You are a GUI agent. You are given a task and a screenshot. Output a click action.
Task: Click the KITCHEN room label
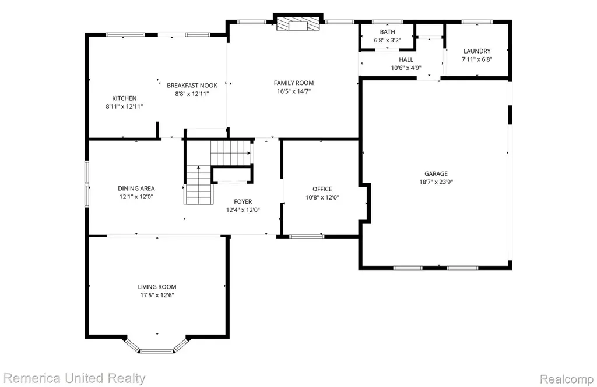[124, 98]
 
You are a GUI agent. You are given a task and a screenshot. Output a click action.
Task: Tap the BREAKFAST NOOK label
[192, 86]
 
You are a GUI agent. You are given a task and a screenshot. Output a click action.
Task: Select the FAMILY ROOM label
[294, 83]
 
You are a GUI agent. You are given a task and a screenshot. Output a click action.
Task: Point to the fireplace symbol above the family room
[298, 24]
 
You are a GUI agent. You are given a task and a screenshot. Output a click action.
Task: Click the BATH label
[387, 32]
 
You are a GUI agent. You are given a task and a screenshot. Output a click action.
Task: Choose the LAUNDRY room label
[477, 51]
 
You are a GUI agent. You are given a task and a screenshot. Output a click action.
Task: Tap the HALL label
[406, 59]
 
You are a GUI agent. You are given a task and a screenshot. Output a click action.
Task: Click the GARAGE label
[436, 174]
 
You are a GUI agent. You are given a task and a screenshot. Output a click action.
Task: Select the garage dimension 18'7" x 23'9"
[436, 182]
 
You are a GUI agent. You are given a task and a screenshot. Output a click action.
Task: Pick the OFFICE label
[322, 189]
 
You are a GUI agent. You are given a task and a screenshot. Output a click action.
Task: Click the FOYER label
[243, 201]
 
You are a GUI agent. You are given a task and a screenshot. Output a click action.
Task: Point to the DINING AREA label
[136, 188]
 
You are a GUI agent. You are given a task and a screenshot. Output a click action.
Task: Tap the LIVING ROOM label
[157, 287]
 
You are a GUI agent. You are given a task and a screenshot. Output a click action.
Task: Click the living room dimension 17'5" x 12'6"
[157, 296]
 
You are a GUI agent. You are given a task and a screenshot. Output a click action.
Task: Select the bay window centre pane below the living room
[156, 351]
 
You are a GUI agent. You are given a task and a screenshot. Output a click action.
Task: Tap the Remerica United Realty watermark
[74, 378]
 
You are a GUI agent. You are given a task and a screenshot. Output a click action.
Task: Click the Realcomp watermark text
[567, 379]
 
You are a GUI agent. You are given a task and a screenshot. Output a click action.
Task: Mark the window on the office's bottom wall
[307, 236]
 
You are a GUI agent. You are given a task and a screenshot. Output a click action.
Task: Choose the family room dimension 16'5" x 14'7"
[294, 91]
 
